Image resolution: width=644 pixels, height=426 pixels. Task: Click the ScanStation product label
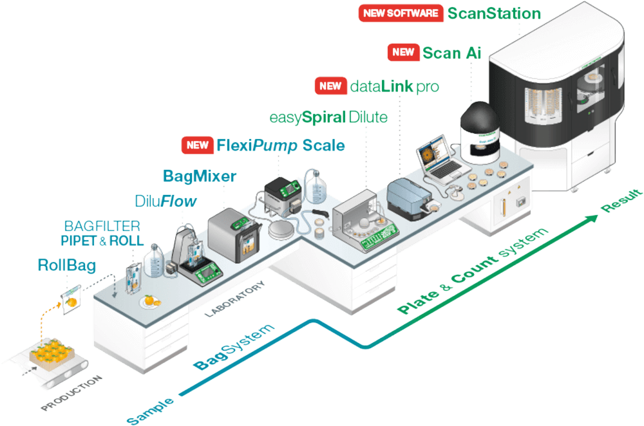[x=493, y=13]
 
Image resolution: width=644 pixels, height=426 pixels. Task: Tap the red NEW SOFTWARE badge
[x=400, y=13]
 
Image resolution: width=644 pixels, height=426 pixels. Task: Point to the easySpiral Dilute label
[x=328, y=118]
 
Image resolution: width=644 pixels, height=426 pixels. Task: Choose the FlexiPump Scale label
[x=280, y=145]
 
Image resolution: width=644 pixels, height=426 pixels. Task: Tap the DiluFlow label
[x=166, y=201]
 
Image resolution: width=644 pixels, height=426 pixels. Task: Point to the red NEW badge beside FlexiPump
[x=197, y=145]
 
